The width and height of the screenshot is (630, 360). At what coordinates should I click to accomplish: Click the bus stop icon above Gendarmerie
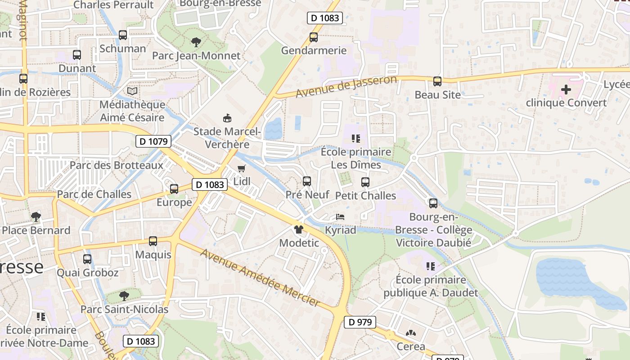click(314, 37)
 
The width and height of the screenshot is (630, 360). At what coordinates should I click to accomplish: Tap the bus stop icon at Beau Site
click(437, 81)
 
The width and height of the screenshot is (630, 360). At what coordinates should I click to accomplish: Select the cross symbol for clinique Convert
click(566, 90)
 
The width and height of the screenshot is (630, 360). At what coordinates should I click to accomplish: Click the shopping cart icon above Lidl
click(242, 169)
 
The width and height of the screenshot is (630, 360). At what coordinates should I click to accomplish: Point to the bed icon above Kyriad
click(340, 217)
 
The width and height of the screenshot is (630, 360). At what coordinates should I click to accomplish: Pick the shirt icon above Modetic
click(298, 229)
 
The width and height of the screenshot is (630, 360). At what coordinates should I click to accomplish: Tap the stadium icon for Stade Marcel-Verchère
click(227, 118)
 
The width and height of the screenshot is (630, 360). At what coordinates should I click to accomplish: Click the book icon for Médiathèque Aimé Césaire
click(132, 91)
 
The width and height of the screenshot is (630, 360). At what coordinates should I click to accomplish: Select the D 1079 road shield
click(153, 141)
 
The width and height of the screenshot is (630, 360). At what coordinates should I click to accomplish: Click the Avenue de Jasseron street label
click(346, 86)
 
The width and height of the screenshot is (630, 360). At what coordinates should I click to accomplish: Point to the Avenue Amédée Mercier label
click(260, 278)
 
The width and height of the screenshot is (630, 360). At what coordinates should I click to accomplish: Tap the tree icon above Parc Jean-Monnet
click(196, 42)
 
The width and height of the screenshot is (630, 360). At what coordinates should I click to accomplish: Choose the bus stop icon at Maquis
click(153, 241)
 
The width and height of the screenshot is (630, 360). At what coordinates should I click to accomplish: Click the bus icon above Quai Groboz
click(87, 259)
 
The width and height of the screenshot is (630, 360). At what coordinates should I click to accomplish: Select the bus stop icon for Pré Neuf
click(307, 181)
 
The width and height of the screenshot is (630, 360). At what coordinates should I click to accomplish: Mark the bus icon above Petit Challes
click(365, 182)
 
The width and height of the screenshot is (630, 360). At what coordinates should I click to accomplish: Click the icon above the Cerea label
click(410, 333)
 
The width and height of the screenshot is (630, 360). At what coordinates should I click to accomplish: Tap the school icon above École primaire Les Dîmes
click(356, 139)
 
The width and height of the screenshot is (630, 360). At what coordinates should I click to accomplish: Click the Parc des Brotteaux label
click(116, 165)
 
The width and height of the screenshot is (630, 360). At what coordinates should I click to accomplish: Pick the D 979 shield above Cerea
click(360, 322)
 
